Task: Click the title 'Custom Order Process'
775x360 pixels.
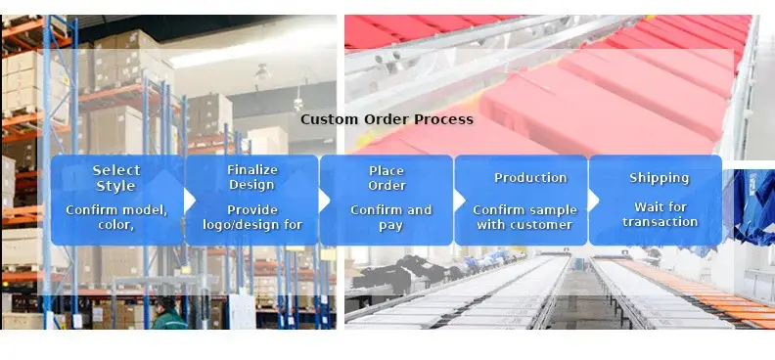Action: pyautogui.click(x=387, y=119)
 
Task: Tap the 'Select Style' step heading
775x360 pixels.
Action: pyautogui.click(x=116, y=178)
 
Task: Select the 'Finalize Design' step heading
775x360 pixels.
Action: pyautogui.click(x=252, y=177)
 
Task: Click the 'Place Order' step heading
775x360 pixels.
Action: pyautogui.click(x=387, y=178)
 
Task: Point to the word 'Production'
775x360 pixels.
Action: pyautogui.click(x=530, y=178)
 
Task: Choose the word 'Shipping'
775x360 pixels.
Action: pyautogui.click(x=659, y=178)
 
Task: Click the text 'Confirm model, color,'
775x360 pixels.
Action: pyautogui.click(x=116, y=217)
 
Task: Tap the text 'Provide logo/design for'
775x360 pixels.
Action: pyautogui.click(x=252, y=217)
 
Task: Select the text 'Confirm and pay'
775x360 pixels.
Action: pyautogui.click(x=391, y=218)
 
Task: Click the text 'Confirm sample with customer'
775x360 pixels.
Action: pyautogui.click(x=524, y=217)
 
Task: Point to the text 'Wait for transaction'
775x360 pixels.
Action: pyautogui.click(x=661, y=214)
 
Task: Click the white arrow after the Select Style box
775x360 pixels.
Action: pyautogui.click(x=190, y=201)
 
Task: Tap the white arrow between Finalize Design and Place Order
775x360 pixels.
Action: pyautogui.click(x=324, y=201)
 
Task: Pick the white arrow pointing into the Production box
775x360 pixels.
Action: pyautogui.click(x=459, y=201)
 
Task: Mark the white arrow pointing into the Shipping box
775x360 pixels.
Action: pyautogui.click(x=594, y=201)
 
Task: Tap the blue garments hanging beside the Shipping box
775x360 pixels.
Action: pyautogui.click(x=750, y=207)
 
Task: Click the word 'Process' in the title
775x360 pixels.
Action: pyautogui.click(x=443, y=119)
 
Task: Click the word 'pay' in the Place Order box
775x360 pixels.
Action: pyautogui.click(x=391, y=226)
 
